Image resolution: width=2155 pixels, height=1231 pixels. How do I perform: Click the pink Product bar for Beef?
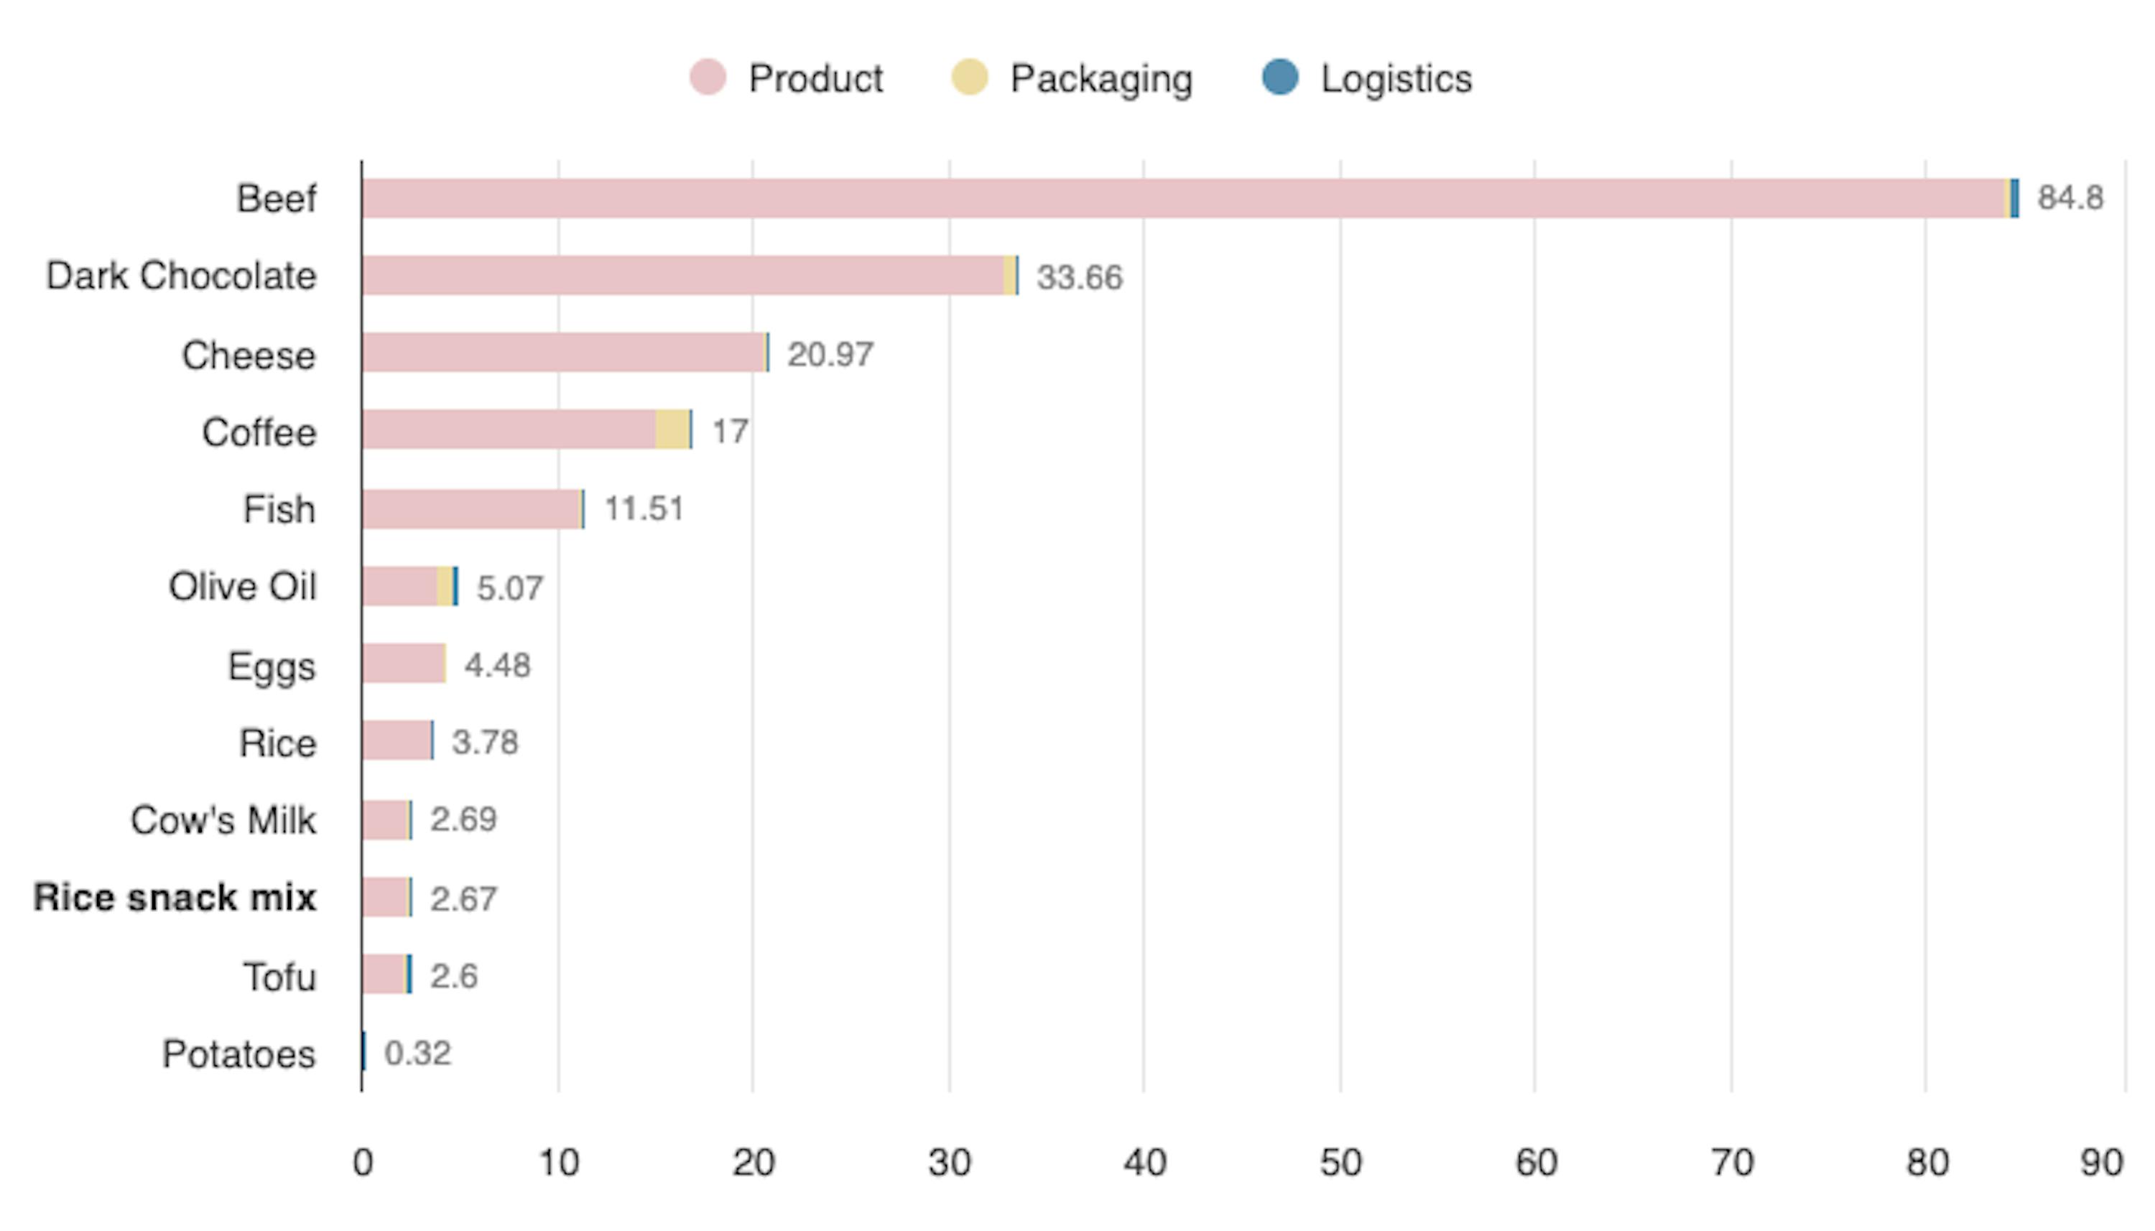(x=1184, y=199)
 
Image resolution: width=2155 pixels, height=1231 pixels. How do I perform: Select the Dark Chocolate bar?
(x=683, y=276)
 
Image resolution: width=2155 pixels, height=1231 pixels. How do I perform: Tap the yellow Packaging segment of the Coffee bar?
(x=672, y=429)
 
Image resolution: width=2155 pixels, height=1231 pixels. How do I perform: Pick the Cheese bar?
(x=564, y=353)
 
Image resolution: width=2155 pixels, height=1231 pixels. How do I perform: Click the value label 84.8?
(x=2070, y=198)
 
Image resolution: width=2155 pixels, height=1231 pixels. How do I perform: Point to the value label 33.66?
(x=1080, y=277)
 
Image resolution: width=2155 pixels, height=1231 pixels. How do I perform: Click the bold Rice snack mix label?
(x=175, y=898)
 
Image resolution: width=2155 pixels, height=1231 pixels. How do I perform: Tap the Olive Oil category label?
(x=243, y=587)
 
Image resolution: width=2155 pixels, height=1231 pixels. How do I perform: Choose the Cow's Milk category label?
(x=223, y=820)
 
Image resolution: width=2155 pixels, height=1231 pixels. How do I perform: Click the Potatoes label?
(x=238, y=1054)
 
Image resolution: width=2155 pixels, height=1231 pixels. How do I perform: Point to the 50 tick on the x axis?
(x=1340, y=1163)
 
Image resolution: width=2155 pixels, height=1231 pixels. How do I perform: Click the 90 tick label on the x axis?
(x=2101, y=1163)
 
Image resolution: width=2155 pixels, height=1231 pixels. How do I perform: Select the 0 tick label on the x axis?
(x=363, y=1163)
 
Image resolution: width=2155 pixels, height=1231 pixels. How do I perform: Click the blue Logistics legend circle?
(x=1280, y=78)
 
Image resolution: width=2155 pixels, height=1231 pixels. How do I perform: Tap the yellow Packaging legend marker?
(x=970, y=78)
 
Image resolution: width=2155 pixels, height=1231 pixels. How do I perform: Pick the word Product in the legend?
(x=815, y=78)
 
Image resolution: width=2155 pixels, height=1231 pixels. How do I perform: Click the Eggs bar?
(x=403, y=664)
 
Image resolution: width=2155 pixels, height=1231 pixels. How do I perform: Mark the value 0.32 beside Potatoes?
(x=417, y=1054)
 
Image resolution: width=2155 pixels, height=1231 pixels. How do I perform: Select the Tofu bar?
(x=386, y=975)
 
